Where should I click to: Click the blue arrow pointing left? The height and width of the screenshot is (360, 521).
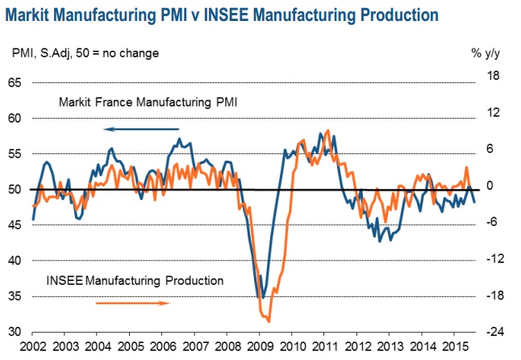[142, 128]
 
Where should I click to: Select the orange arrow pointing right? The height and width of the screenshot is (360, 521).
[133, 303]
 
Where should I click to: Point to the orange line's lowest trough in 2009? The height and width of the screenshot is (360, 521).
[269, 321]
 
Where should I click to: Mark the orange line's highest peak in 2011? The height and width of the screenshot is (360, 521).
[327, 130]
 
